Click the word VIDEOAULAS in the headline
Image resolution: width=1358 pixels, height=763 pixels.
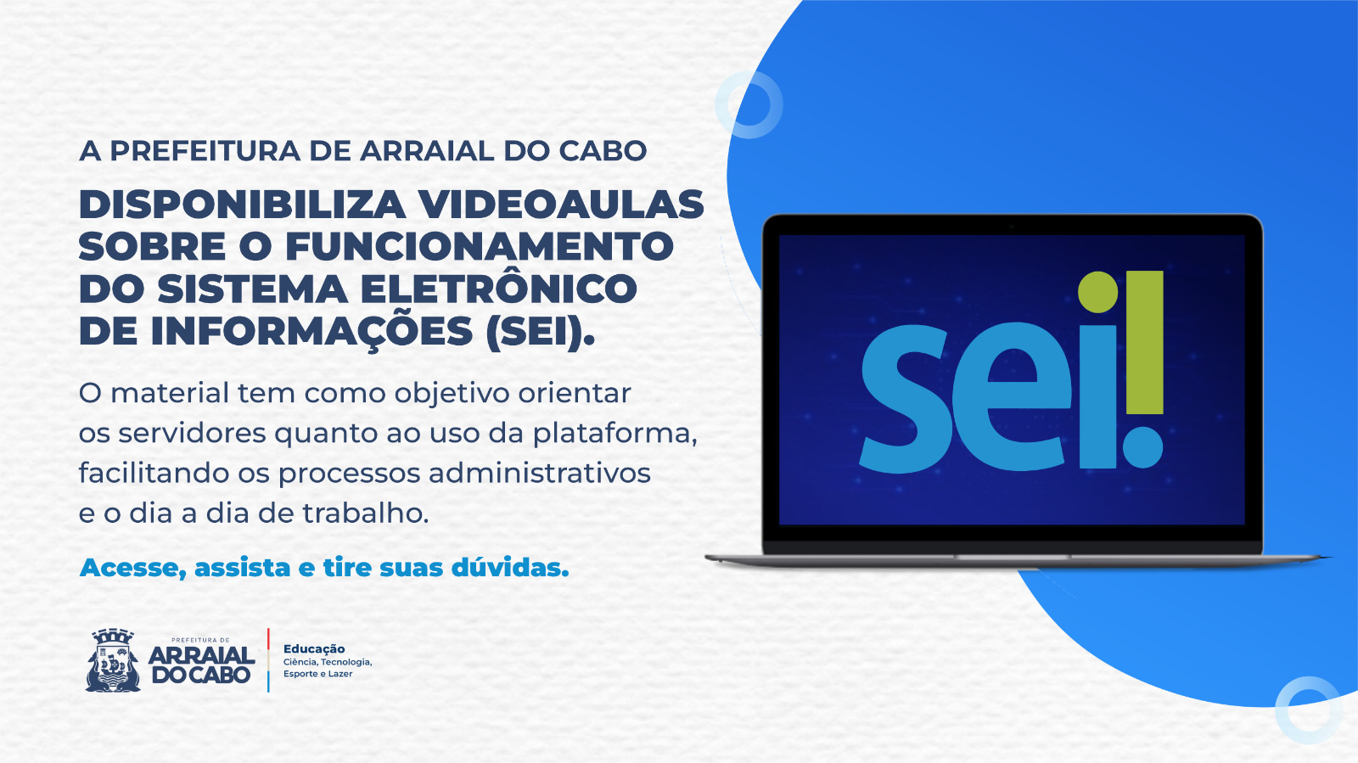coord(561,205)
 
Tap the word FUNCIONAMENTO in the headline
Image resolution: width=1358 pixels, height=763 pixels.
coord(479,247)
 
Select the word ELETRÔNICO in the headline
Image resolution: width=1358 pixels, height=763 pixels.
coord(498,289)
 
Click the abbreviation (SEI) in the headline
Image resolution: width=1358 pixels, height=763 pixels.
coord(540,331)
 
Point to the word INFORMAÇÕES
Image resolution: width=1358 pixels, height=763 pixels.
coord(311,331)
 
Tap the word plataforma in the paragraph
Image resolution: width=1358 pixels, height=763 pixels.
coord(614,433)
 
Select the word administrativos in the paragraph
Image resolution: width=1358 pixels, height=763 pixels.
coord(539,473)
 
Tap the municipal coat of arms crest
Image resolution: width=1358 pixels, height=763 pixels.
coord(113,659)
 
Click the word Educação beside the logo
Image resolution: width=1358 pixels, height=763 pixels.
coord(314,648)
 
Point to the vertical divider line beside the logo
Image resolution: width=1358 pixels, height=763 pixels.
coord(268,660)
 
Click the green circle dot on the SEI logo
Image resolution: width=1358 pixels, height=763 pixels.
coord(1097,292)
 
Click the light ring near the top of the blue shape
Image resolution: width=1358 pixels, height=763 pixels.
coord(749,104)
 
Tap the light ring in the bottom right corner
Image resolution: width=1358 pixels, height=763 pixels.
coord(1308,710)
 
